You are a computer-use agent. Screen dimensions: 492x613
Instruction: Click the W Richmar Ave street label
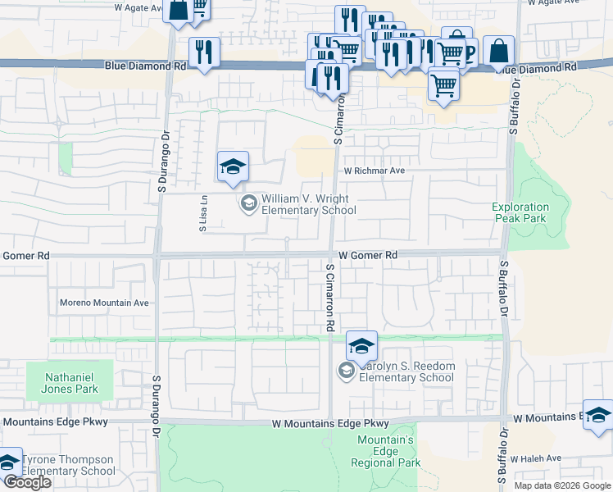pos(375,171)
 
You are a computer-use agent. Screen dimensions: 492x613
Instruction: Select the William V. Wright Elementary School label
pos(308,204)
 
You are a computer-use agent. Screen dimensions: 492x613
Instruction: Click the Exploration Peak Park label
pos(520,213)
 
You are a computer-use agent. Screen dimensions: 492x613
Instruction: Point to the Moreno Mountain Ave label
pos(104,303)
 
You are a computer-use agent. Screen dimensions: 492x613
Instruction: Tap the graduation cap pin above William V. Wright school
pos(233,167)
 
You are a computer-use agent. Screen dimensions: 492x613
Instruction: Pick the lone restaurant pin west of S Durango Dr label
pos(204,53)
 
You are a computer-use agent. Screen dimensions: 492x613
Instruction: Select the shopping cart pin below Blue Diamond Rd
pos(443,84)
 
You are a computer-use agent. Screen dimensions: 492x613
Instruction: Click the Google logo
pos(27,482)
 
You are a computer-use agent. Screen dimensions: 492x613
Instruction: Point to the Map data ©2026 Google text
pos(561,485)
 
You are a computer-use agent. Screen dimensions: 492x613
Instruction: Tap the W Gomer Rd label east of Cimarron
pos(368,256)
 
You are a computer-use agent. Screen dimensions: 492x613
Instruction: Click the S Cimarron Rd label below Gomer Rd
pos(329,297)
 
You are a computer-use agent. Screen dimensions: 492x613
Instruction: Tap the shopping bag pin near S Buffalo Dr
pos(498,52)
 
